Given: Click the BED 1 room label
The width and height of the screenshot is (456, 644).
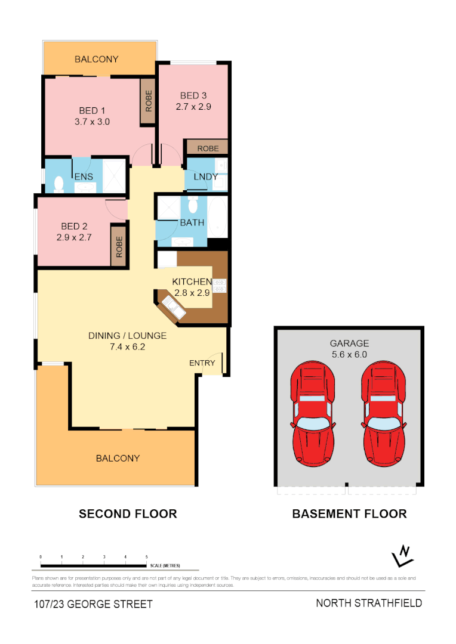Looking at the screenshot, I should [92, 110].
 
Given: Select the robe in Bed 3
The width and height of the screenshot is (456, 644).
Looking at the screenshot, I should [207, 148].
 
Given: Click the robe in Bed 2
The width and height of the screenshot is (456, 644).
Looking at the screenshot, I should [119, 246].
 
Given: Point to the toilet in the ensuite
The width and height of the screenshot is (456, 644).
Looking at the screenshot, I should [58, 184].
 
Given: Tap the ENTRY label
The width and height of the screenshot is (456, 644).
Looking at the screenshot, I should [202, 363].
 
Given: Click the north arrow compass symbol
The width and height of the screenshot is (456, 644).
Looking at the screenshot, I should [403, 556].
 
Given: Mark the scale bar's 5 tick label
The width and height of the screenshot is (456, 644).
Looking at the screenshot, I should [146, 556].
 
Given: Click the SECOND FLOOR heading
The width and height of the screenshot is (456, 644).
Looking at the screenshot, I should [128, 513].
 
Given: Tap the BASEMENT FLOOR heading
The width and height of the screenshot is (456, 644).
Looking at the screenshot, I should [349, 513].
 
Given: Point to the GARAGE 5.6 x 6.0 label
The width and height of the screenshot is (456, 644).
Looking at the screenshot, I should [349, 348].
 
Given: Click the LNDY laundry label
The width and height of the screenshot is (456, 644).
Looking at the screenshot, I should [205, 177].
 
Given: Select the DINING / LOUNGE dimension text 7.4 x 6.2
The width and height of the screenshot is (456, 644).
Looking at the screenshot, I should [127, 346].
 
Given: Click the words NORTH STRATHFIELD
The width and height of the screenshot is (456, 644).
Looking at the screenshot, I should [369, 603].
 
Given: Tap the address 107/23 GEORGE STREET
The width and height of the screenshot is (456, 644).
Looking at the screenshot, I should [93, 604].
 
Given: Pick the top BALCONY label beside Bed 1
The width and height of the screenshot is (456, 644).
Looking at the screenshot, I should [96, 59].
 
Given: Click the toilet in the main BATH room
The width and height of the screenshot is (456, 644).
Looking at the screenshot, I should [192, 206].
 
